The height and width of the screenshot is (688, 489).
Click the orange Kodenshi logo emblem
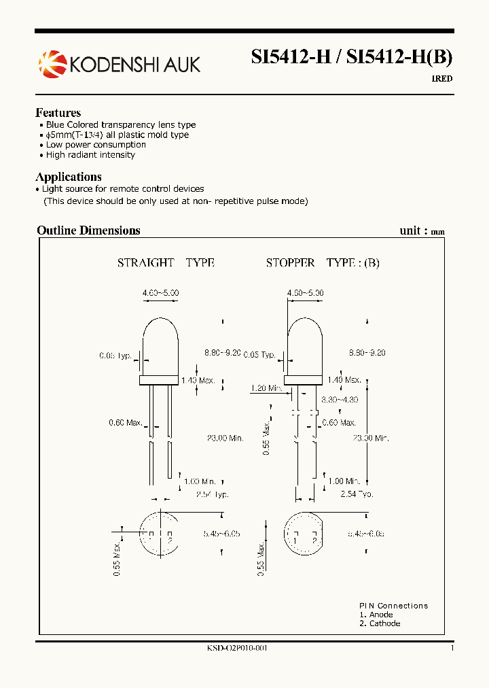pos(52,64)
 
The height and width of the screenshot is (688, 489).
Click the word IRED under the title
pos(442,79)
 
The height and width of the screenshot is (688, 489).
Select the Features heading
pos(58,113)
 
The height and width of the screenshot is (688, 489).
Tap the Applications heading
pos(69,177)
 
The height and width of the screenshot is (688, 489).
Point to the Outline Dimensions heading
pos(88,230)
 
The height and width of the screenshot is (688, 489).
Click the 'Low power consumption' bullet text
pos(96,145)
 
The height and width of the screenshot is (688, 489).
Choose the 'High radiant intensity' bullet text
pos(90,155)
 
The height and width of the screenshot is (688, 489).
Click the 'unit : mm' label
pos(422,231)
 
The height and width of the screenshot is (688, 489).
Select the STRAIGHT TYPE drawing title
pos(166,262)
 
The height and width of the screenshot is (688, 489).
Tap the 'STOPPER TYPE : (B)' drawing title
pos(323,262)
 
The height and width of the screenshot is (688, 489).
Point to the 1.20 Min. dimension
pos(266,388)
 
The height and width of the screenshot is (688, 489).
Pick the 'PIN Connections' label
pos(394,606)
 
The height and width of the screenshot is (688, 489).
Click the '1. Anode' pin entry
pos(376,615)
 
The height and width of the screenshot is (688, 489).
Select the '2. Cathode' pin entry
pos(380,623)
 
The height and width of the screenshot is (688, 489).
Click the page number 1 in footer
pos(452,649)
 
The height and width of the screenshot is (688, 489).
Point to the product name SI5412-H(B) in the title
pos(399,58)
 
